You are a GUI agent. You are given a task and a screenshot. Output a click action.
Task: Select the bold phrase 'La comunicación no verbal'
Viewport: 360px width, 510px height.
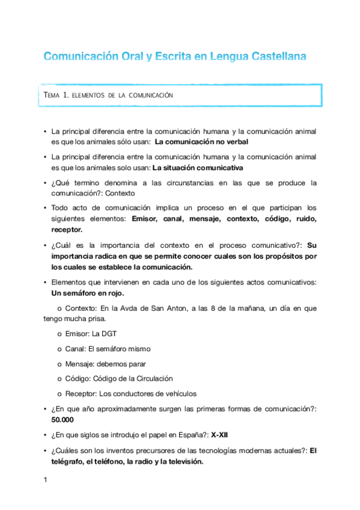pyautogui.click(x=201, y=142)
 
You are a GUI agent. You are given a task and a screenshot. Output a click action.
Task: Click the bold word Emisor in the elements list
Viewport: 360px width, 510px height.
pyautogui.click(x=145, y=220)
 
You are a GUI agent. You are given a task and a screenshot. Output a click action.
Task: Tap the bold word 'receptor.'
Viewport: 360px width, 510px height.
pyautogui.click(x=67, y=229)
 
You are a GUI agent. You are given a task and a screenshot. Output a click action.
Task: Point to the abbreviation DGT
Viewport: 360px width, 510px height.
pyautogui.click(x=109, y=334)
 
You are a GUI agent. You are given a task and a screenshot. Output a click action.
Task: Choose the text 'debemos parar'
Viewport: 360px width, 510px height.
pyautogui.click(x=121, y=364)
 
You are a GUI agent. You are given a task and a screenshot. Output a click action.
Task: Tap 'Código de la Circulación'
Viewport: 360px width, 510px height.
pyautogui.click(x=136, y=379)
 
